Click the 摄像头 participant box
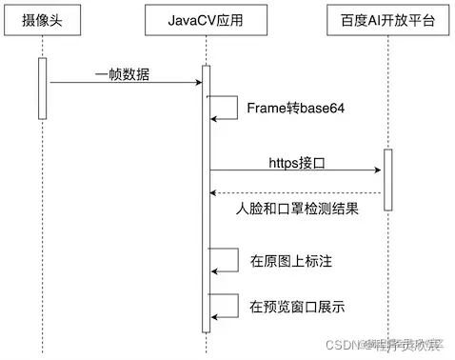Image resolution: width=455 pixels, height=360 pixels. (42, 20)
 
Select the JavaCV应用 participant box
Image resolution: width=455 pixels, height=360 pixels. (206, 20)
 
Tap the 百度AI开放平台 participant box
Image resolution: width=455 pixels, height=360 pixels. (387, 20)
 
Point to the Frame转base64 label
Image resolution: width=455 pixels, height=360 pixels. (295, 108)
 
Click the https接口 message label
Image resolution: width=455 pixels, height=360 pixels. (297, 163)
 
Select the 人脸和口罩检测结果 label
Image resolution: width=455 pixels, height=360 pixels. (296, 210)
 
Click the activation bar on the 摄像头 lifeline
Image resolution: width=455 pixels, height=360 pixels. (42, 88)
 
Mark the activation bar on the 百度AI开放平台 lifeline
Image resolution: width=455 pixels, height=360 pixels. (387, 181)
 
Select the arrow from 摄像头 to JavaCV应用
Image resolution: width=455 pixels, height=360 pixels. (124, 84)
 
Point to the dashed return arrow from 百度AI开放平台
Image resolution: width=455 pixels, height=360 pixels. (295, 194)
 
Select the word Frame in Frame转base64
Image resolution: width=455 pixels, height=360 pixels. (267, 108)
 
